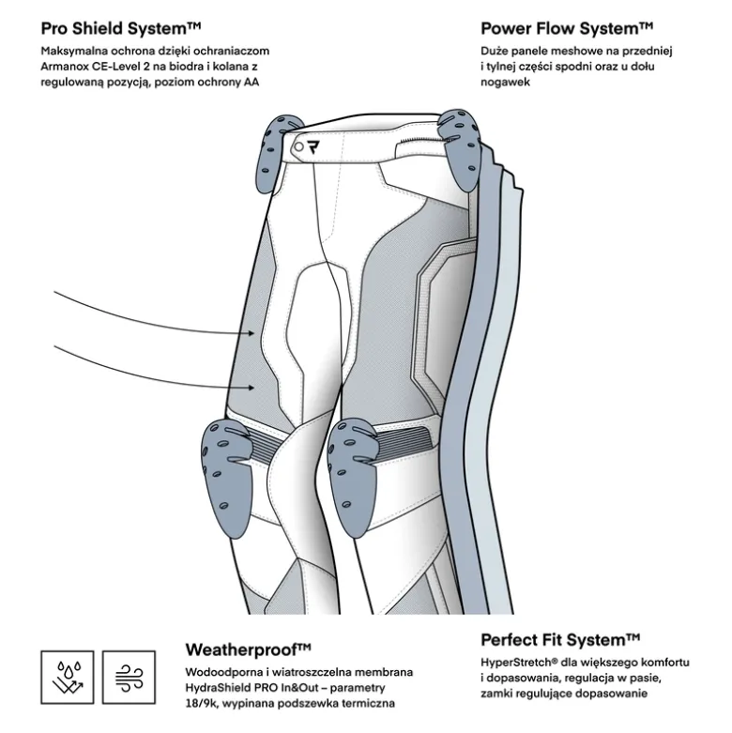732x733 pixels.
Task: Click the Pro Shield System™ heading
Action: click(121, 28)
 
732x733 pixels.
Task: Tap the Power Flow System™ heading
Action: click(567, 28)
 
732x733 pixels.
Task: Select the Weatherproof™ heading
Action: click(248, 649)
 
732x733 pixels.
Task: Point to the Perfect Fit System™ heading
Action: click(560, 639)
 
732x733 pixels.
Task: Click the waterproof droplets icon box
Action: click(68, 677)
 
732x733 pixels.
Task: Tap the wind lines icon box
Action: click(129, 677)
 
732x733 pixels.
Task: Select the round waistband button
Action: click(298, 147)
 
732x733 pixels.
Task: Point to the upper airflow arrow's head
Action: click(252, 333)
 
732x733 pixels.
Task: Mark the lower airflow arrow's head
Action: click(252, 388)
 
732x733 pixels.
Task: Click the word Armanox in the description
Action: click(64, 67)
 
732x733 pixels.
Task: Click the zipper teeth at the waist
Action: click(419, 140)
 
